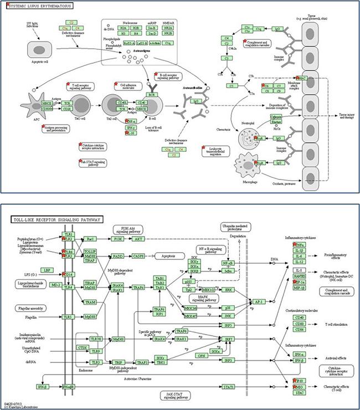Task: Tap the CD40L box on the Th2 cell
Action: pos(122,102)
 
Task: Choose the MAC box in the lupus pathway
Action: pos(302,79)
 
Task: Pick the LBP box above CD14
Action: pos(48,270)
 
